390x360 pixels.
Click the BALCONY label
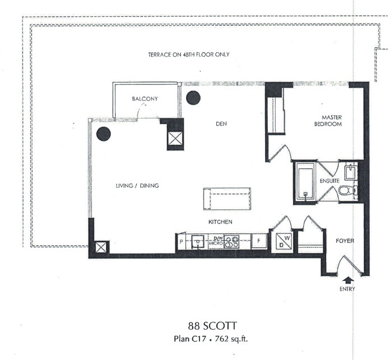145,99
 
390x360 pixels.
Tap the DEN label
221,124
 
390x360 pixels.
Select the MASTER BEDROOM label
328,121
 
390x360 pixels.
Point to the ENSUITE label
329,181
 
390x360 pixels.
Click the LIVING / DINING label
137,186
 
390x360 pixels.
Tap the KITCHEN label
220,222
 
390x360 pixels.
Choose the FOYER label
345,241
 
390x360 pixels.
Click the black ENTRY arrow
348,280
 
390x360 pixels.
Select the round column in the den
193,98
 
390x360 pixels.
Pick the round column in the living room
104,134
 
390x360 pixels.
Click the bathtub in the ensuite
305,183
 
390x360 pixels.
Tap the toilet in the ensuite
347,191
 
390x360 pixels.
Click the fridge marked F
259,241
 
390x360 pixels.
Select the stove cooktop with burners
231,242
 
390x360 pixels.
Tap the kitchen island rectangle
227,199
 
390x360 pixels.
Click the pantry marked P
181,242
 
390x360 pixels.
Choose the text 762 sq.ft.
231,339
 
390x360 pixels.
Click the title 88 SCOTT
212,326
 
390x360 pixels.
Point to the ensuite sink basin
351,172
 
